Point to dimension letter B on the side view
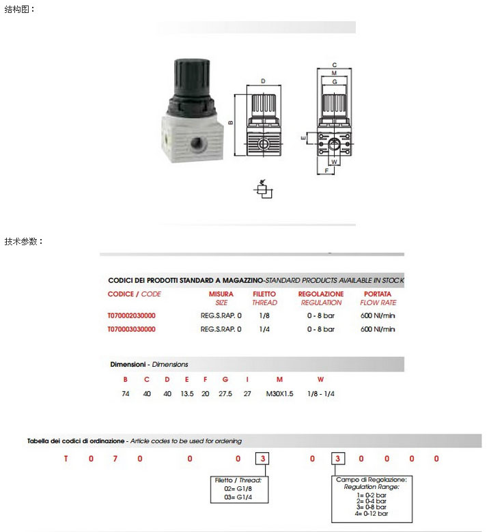(231, 123)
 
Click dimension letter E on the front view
(303, 138)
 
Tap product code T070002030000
(132, 316)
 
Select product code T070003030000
(132, 329)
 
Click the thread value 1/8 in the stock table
(264, 316)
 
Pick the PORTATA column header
(378, 294)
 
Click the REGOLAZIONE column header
(321, 294)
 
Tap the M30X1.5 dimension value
(279, 394)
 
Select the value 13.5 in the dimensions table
(187, 394)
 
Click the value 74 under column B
(126, 394)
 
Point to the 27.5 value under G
(225, 394)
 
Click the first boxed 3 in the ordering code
(262, 459)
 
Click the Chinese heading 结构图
(20, 10)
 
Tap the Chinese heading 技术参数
(24, 241)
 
